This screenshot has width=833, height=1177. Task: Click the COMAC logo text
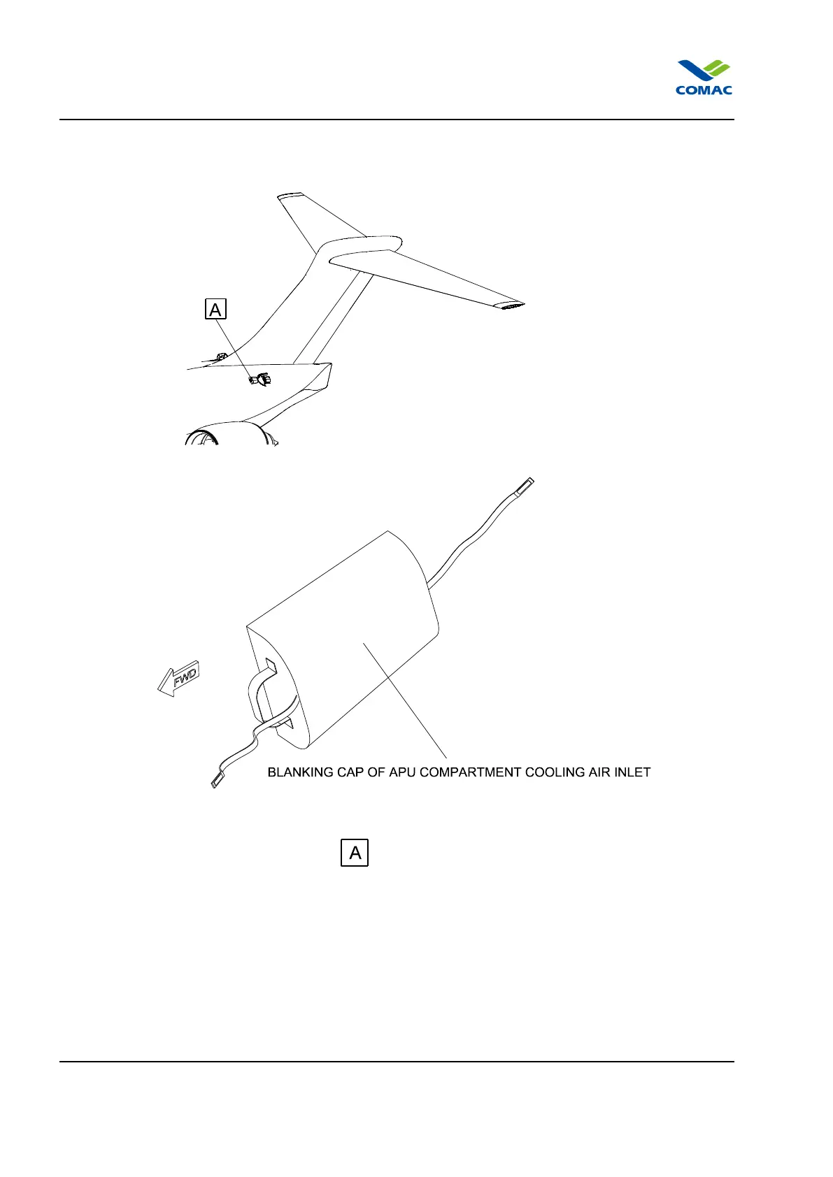[704, 89]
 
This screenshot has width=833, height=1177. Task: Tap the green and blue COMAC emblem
[704, 71]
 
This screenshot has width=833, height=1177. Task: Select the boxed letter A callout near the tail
[215, 309]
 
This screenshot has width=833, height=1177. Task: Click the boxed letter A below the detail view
[355, 853]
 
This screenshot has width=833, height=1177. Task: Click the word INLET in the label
[634, 772]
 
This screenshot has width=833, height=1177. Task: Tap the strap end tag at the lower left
[217, 781]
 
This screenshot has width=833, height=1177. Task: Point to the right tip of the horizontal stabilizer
[513, 306]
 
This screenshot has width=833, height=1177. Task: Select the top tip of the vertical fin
[288, 196]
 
